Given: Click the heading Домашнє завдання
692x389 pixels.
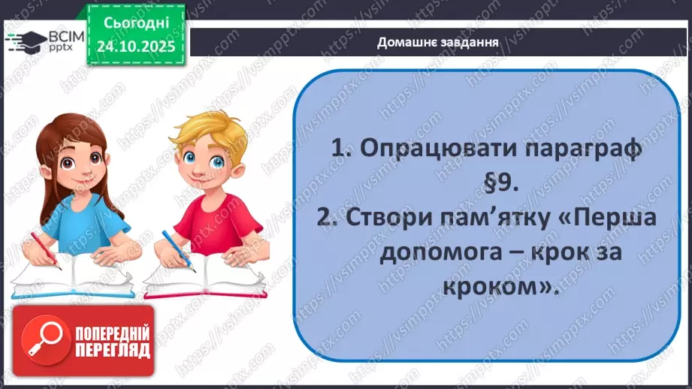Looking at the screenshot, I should click(x=439, y=41).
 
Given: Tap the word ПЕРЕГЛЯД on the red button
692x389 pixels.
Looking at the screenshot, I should click(x=111, y=351).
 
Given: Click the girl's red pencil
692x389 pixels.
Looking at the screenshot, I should click(x=45, y=250).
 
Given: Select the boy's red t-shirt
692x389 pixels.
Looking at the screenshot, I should click(x=217, y=219).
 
